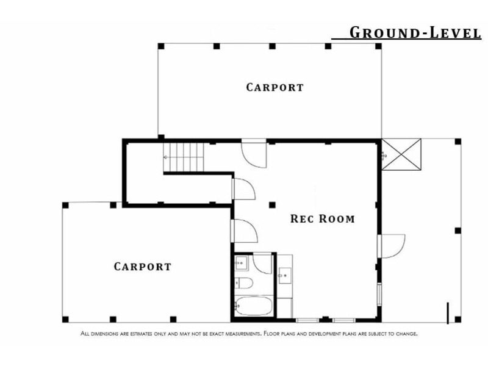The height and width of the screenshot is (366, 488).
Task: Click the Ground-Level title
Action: [x=415, y=33]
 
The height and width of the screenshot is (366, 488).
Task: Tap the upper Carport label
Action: [x=275, y=87]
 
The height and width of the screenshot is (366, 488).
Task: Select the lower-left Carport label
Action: [x=143, y=267]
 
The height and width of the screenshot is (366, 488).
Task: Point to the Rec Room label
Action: [x=323, y=218]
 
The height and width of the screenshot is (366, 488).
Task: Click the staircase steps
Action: [x=184, y=157]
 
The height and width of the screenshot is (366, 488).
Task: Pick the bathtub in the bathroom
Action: [x=253, y=306]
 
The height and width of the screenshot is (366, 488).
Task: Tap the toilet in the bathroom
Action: [x=243, y=283]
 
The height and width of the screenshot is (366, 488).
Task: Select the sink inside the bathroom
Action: [x=241, y=263]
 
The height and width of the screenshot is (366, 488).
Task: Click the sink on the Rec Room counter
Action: [x=285, y=276]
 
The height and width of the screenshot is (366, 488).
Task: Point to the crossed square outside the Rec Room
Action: [x=401, y=154]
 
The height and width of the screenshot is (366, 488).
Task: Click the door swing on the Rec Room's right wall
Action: [x=393, y=246]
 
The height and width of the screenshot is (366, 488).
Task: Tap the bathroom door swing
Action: [x=262, y=264]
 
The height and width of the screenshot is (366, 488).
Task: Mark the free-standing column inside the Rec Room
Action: [x=272, y=205]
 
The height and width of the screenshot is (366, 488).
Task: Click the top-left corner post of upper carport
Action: [x=161, y=46]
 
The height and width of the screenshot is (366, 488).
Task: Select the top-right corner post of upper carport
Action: [x=378, y=46]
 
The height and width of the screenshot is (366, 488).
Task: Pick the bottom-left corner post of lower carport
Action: [x=65, y=319]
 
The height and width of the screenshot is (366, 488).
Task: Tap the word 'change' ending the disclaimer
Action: [x=406, y=334]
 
